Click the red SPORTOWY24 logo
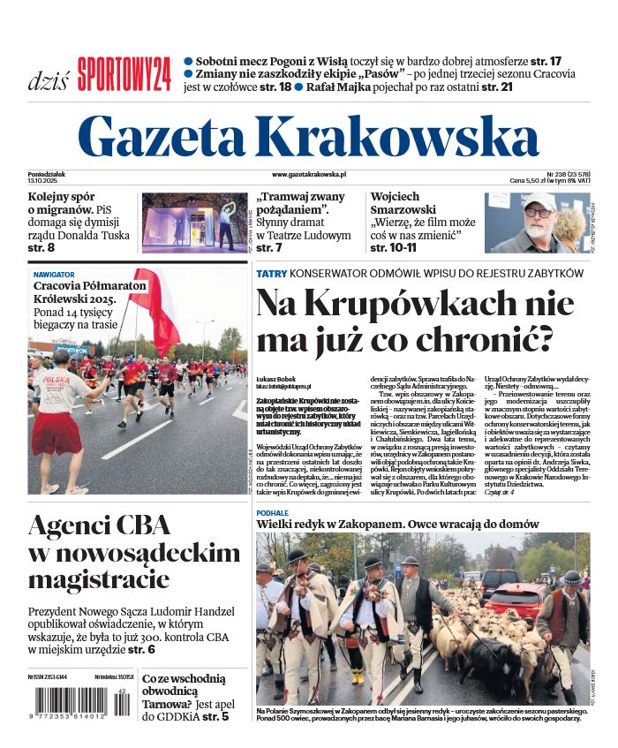coord(124,74)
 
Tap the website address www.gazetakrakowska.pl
coord(309,176)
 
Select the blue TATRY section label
coord(271,274)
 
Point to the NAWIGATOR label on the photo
coord(54,275)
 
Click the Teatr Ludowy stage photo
coord(194,223)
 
